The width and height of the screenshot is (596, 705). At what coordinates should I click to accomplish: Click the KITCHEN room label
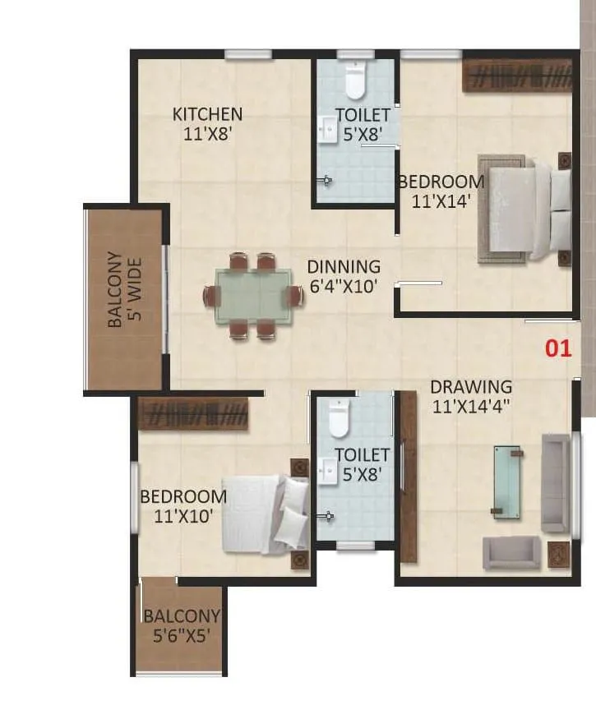coord(207,114)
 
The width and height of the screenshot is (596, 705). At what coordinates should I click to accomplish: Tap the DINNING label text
coord(344,267)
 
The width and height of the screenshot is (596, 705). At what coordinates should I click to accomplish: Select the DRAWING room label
coord(471,386)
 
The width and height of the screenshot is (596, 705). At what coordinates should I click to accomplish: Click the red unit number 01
coord(559,348)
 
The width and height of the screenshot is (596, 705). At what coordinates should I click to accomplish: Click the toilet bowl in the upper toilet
coord(355,82)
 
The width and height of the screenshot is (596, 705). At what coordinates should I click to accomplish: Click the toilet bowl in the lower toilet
coord(340,419)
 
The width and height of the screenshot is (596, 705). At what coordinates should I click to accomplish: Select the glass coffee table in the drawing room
coord(507,482)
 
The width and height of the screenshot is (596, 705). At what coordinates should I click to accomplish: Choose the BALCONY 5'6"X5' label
coord(182,624)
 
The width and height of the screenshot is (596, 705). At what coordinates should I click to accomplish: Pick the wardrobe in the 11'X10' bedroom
coord(193,413)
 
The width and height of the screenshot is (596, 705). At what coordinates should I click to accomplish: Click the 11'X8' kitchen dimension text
coord(207,132)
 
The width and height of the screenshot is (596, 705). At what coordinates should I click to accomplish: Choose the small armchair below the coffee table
coord(511,553)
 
